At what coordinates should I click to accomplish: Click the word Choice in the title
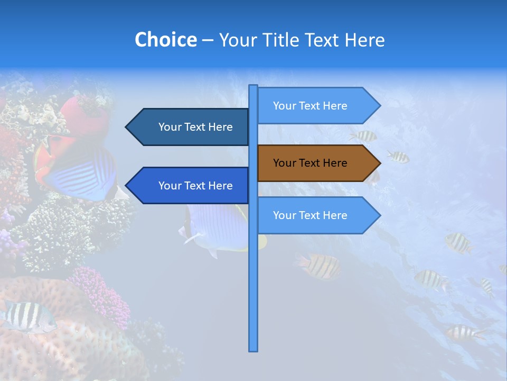165,40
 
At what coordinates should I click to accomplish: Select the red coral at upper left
84,114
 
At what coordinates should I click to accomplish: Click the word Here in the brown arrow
334,163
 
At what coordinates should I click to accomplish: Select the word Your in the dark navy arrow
170,127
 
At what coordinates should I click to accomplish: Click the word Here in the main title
364,40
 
